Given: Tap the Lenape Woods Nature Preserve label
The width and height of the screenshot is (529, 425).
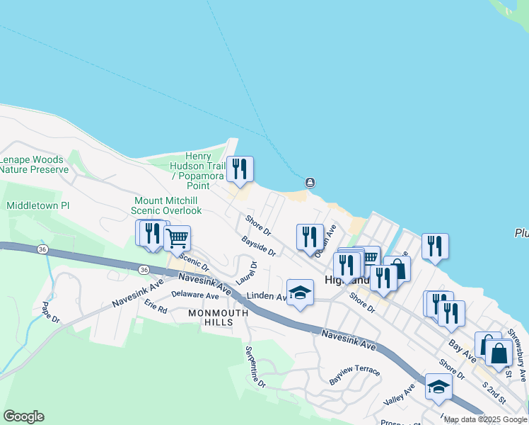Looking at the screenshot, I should (34, 164).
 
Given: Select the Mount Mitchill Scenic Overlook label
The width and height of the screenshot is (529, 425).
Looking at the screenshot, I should (168, 205).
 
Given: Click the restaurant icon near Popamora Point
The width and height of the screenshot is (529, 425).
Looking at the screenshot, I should (241, 170).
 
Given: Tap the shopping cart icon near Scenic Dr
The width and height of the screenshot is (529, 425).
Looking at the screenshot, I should (177, 238).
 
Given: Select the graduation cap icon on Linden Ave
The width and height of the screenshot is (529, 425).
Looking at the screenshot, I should (300, 293).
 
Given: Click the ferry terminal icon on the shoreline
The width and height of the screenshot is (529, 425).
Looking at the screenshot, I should (310, 183).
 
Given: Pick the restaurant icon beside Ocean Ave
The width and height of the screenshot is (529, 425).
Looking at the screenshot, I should (310, 237).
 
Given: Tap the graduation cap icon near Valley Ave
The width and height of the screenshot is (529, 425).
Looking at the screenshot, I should (438, 387).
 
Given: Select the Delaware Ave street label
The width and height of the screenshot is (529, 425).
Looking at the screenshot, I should (195, 295).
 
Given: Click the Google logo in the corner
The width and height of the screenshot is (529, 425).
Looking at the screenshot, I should (23, 416).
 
